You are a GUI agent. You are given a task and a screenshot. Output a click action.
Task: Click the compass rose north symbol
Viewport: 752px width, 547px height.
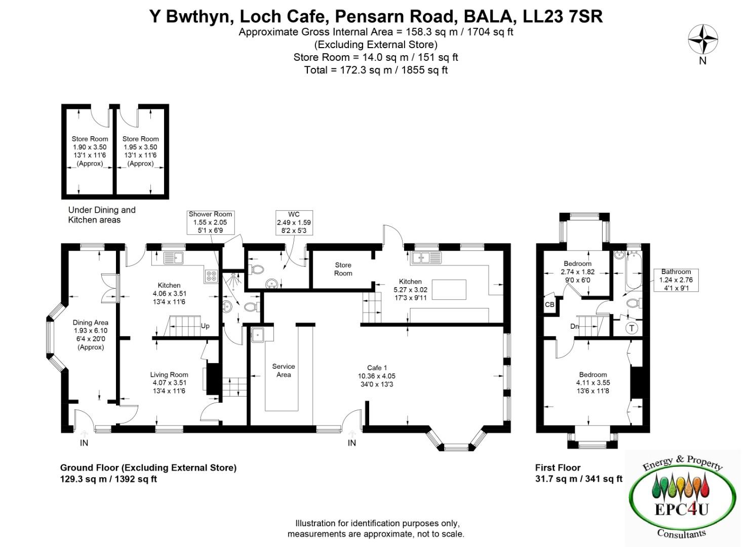pos(702,40)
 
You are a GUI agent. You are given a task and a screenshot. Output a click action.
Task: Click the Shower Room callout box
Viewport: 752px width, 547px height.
pos(210,222)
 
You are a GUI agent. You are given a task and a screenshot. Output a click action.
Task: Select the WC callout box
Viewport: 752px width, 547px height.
pos(294,222)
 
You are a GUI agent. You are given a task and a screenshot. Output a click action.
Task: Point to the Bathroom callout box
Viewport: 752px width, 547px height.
pos(676,280)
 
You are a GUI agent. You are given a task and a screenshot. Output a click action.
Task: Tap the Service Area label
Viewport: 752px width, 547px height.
pos(283,370)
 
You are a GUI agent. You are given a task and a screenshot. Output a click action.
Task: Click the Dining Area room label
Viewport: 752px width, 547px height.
pos(90,334)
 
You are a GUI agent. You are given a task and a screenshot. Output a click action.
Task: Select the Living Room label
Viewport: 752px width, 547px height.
pos(169,382)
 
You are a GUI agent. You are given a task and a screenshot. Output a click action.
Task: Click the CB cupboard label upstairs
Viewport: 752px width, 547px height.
pos(549,305)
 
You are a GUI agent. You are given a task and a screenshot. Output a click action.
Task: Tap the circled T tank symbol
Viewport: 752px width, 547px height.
pos(631,328)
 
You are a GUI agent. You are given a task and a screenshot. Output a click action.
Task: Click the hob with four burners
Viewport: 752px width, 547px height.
pos(211,276)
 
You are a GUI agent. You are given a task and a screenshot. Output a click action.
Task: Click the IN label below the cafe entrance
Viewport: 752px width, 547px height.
pos(351,443)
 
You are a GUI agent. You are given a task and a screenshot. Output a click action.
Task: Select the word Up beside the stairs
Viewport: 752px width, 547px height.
pos(205,326)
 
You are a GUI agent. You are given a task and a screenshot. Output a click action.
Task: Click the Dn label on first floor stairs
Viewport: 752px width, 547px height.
pos(574,326)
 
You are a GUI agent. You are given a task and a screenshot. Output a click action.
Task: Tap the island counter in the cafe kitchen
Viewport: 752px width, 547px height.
pos(449,289)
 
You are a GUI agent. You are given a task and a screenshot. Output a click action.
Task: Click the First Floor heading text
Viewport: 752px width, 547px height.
pos(558,467)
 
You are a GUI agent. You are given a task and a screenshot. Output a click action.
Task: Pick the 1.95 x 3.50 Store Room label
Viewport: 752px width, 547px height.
pos(140,151)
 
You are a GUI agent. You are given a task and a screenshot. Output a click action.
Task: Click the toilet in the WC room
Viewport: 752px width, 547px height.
pos(256,269)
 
